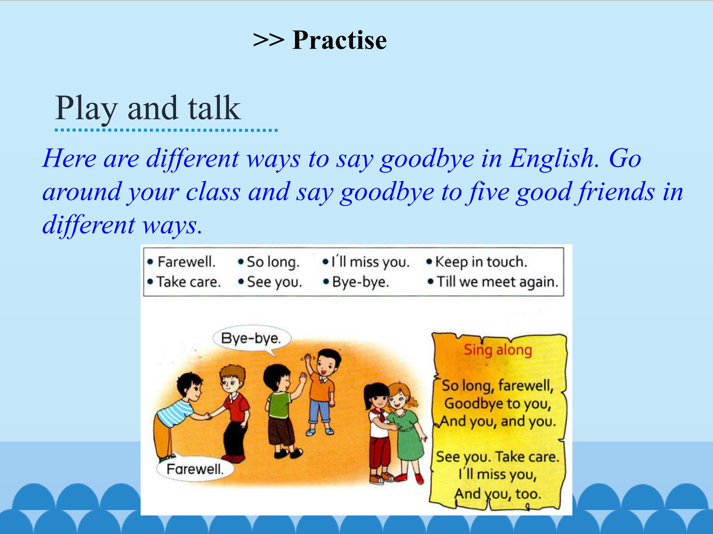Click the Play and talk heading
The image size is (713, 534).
tap(148, 109)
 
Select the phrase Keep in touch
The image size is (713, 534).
tap(481, 262)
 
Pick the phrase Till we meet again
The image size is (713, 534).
tap(497, 282)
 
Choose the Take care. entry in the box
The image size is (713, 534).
tap(189, 282)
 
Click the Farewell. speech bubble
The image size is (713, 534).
tap(195, 469)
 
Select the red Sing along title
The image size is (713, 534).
tap(498, 350)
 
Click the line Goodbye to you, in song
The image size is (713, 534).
tap(497, 404)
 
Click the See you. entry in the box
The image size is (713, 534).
tap(274, 282)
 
